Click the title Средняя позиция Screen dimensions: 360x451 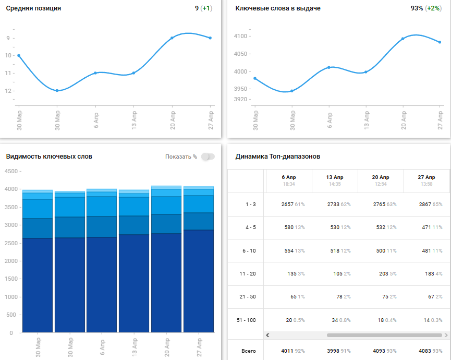[33, 8]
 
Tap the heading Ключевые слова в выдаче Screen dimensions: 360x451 [278, 8]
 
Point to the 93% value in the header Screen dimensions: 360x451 [417, 8]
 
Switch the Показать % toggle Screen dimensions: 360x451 [208, 157]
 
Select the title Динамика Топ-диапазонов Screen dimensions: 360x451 [278, 157]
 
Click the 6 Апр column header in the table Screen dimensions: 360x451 [288, 177]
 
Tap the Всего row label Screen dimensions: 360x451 [249, 351]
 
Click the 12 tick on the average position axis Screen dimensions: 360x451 [8, 91]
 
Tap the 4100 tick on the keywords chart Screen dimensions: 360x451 [241, 36]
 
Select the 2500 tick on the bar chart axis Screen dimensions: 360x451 [10, 243]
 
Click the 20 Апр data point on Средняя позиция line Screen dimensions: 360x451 [172, 38]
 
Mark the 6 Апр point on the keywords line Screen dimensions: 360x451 [329, 67]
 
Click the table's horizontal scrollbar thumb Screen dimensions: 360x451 [384, 335]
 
